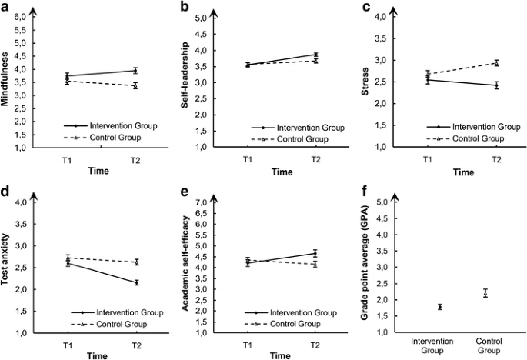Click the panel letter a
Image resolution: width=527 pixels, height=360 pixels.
[x=6, y=8]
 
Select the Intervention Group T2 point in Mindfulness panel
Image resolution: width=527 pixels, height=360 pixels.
[x=135, y=70]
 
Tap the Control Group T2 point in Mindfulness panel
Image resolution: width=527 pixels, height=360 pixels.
[x=135, y=85]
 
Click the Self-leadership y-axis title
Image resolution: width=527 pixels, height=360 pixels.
[x=187, y=81]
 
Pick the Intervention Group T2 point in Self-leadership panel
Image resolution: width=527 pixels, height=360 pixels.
[x=315, y=55]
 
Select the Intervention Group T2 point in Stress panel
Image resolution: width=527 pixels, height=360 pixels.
[x=496, y=85]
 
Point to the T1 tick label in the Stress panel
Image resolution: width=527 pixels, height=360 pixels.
[x=427, y=158]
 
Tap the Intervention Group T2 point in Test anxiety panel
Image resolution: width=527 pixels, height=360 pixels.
[x=135, y=282]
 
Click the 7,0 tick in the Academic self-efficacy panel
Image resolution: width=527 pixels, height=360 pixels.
[x=203, y=202]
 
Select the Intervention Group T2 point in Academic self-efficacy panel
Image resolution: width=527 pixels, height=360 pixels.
[x=315, y=253]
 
